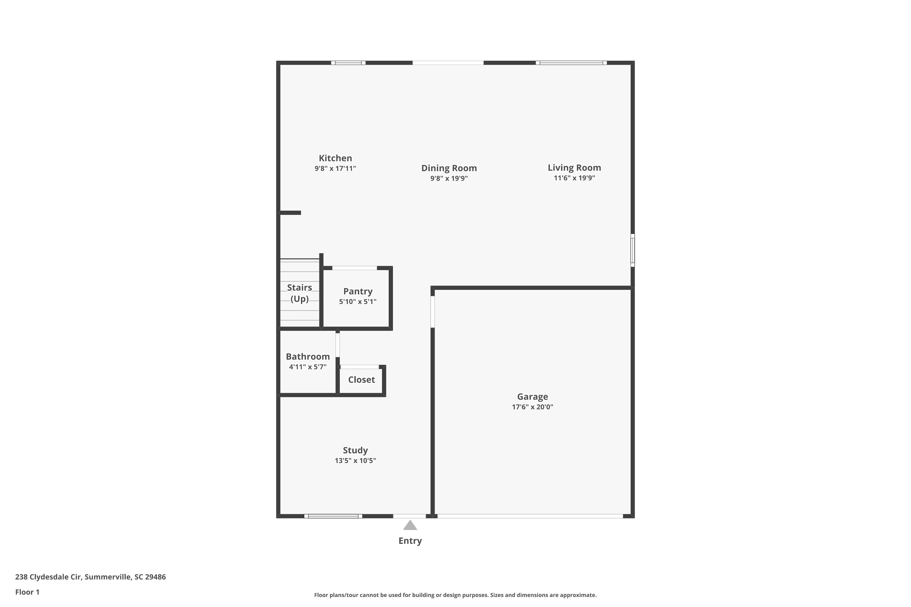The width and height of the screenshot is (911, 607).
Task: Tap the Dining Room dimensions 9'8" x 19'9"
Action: tap(449, 178)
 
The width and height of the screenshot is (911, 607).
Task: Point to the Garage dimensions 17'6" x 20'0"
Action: tap(532, 407)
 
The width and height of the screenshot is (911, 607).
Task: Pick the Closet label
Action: tap(361, 380)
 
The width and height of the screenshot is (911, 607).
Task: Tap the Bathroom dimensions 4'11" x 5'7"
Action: tap(308, 367)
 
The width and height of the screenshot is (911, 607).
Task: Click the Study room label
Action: tap(355, 450)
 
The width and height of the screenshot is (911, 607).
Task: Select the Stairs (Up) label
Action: tap(299, 293)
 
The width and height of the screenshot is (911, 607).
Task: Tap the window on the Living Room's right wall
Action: tap(633, 250)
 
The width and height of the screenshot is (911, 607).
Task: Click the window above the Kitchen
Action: tap(348, 63)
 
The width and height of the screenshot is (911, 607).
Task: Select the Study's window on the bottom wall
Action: tap(333, 516)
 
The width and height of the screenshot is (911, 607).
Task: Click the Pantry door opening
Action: tap(354, 268)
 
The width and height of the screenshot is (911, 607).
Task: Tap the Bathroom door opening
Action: tap(337, 345)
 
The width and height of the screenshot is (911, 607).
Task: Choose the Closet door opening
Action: tap(360, 367)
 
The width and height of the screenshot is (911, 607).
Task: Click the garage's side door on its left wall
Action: tap(433, 312)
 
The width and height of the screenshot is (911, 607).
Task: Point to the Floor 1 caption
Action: tap(27, 592)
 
